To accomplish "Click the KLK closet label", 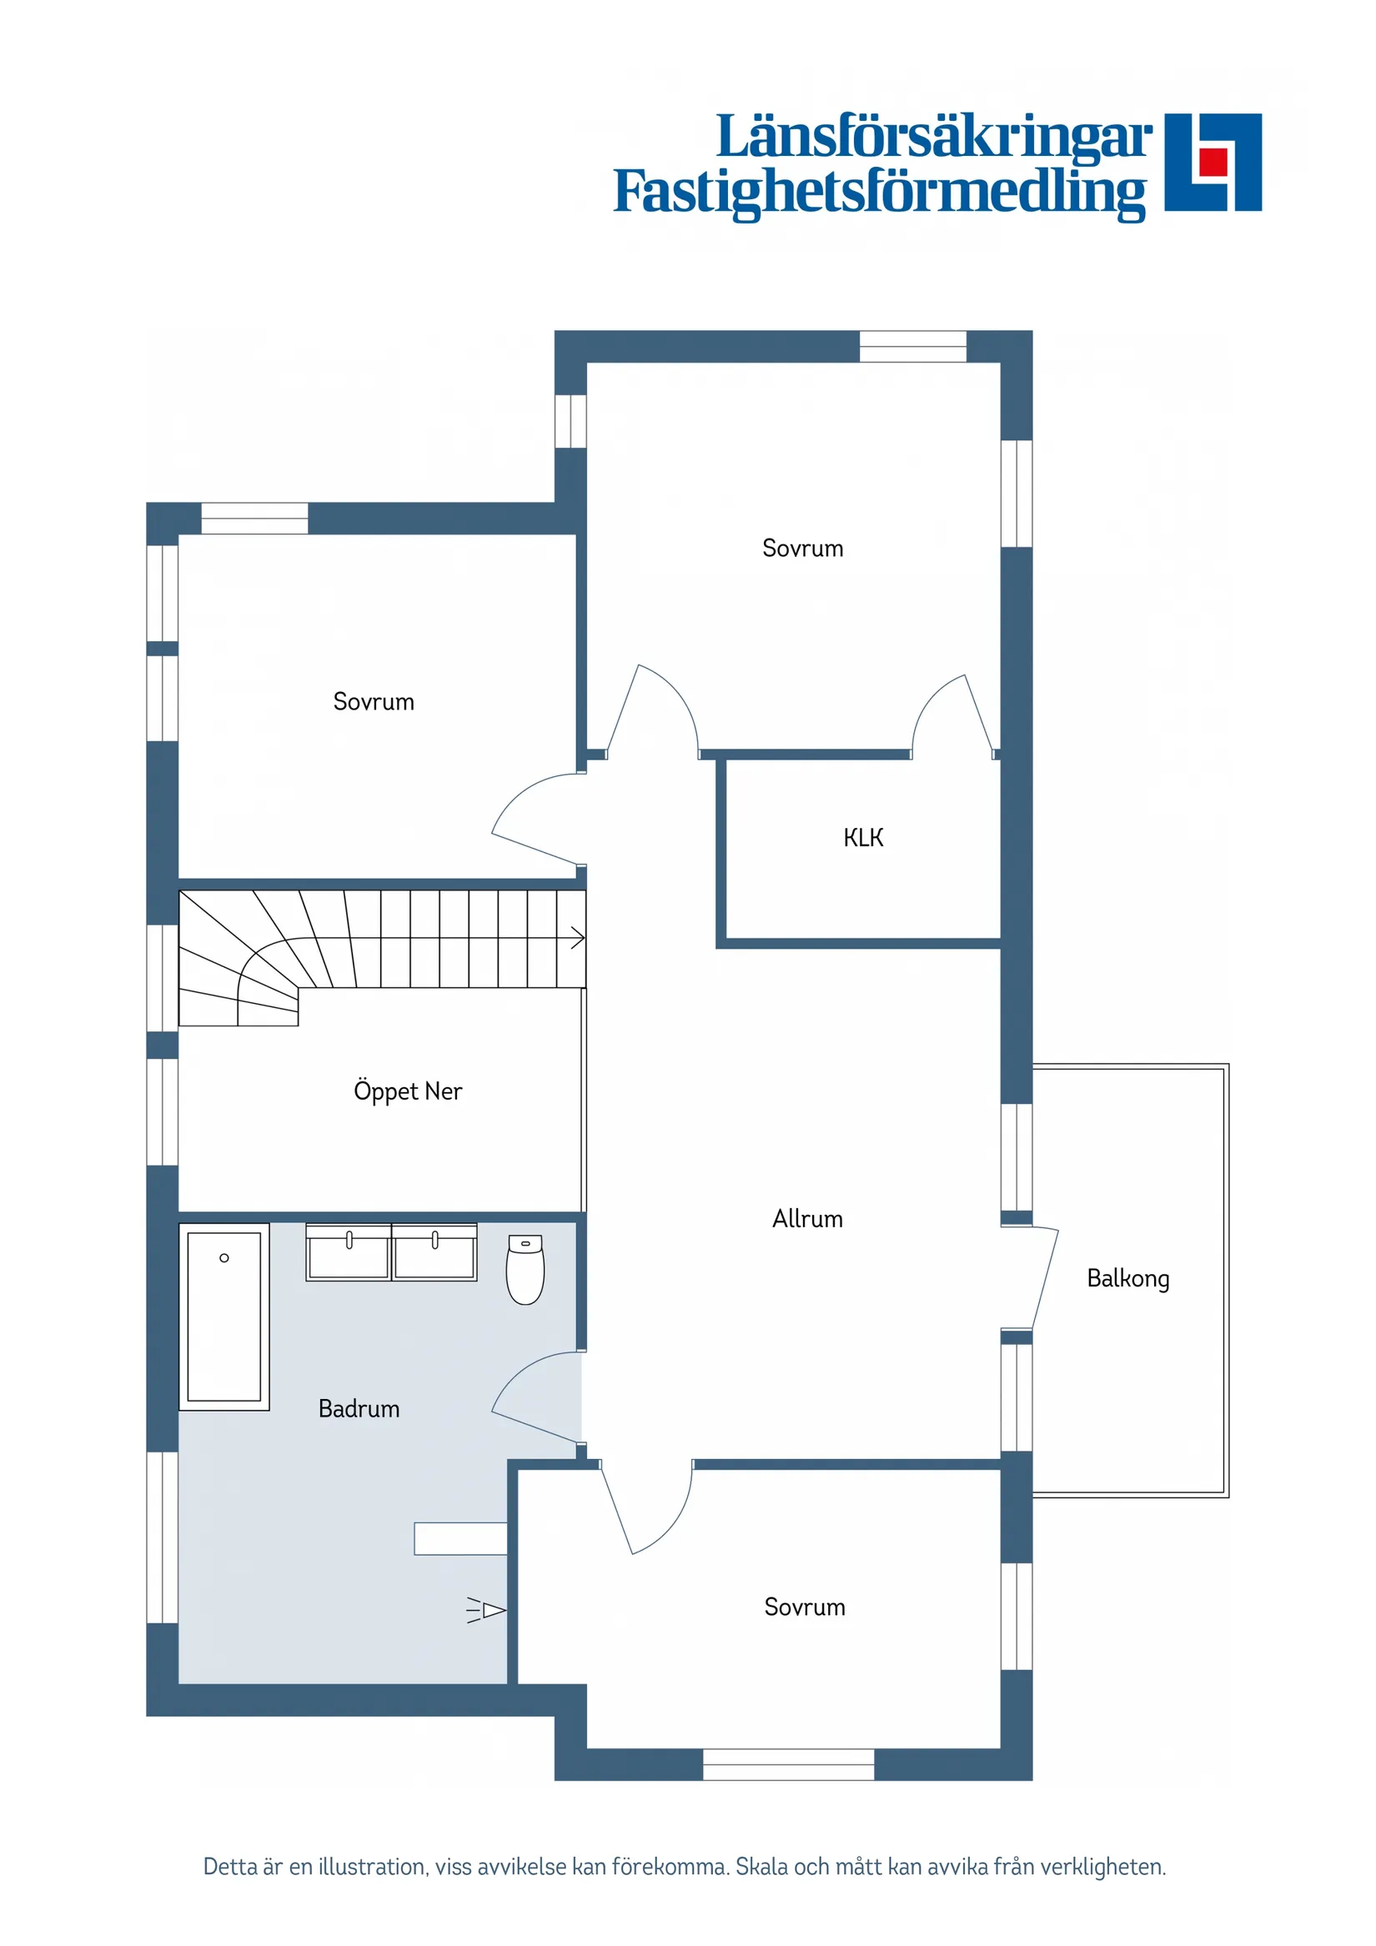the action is tap(863, 838).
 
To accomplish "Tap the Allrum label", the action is tap(807, 1219).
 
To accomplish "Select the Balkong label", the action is tap(1127, 1279).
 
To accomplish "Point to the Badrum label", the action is tap(359, 1409).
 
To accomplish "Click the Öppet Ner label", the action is tap(408, 1091).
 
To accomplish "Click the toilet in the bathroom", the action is tap(525, 1269).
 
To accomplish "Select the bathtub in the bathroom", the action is tap(223, 1317).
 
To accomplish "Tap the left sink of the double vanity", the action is tap(349, 1251).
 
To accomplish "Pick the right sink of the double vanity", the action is tap(434, 1251).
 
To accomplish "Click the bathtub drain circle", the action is tap(223, 1258).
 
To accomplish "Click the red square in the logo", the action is tap(1214, 161).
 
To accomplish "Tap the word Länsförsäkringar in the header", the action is tap(934, 137).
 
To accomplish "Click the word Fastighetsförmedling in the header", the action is tap(880, 193).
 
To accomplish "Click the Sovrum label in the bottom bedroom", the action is tap(805, 1607).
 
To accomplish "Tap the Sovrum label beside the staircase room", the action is tap(374, 702).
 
